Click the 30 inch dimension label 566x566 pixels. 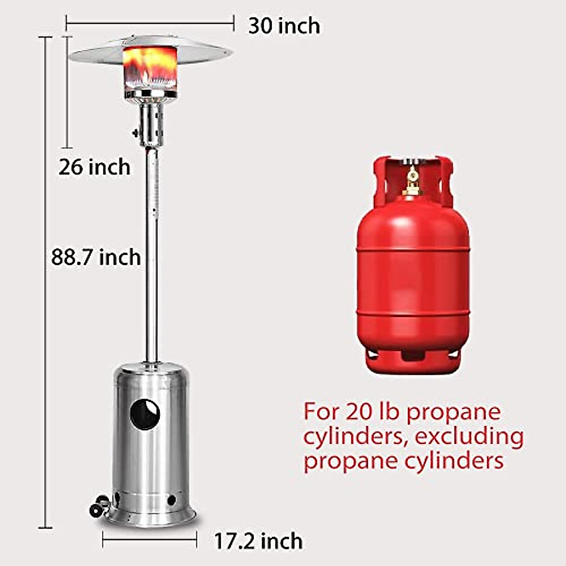coord(284,26)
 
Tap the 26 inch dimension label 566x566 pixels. coord(94,167)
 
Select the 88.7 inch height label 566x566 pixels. coord(96,258)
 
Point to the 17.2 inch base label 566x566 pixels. coord(258,541)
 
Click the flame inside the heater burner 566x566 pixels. coord(150,66)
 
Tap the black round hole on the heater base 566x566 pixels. coord(145,415)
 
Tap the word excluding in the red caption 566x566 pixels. coord(469,436)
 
